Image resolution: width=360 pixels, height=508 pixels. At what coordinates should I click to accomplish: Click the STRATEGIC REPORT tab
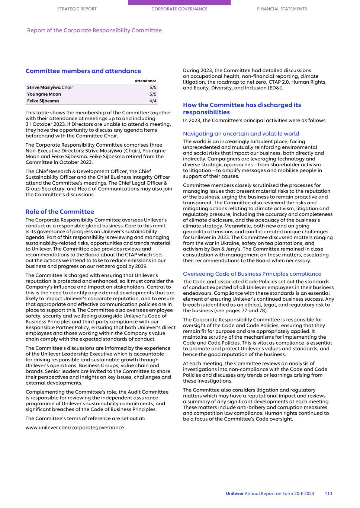(x=77, y=9)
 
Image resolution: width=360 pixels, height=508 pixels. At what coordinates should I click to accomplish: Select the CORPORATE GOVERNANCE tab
(x=179, y=9)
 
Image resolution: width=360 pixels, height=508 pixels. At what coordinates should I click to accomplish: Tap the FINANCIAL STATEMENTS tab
(x=282, y=9)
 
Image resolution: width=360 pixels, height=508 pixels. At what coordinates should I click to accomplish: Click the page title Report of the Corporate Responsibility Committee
(x=94, y=31)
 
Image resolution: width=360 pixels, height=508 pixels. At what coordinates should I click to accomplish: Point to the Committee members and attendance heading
(x=83, y=71)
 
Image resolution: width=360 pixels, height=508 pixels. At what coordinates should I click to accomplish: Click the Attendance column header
(x=145, y=81)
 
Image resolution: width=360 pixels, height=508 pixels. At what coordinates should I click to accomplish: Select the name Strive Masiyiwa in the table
(x=44, y=87)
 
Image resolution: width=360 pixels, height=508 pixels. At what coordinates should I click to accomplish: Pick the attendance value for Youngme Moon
(x=153, y=94)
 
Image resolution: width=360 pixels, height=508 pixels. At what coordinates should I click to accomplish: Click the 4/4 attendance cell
(x=153, y=101)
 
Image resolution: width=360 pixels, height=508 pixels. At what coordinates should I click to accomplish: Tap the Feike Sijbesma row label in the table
(x=43, y=101)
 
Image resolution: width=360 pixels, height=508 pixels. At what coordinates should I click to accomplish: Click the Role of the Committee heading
(x=60, y=212)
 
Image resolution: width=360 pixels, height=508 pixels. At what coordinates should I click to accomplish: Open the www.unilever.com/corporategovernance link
(x=75, y=428)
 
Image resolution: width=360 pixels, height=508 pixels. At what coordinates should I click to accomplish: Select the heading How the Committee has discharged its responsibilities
(x=242, y=109)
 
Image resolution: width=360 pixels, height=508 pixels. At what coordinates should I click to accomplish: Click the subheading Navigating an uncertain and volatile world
(x=241, y=134)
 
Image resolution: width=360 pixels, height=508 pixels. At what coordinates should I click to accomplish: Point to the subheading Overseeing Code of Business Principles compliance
(x=252, y=274)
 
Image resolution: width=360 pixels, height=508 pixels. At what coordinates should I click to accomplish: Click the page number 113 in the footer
(x=328, y=493)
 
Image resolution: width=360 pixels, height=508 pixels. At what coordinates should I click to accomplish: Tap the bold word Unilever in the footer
(x=235, y=493)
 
